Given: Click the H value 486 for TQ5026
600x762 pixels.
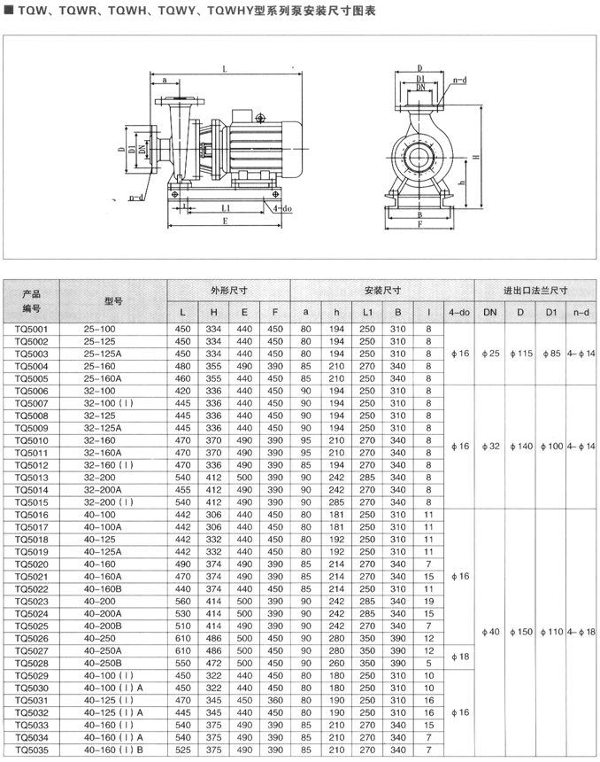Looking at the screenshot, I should click(213, 638).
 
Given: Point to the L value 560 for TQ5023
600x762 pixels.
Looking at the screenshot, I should click(183, 601).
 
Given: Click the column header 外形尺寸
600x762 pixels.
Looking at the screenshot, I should click(228, 290).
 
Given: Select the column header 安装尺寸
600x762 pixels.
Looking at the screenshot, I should click(382, 290).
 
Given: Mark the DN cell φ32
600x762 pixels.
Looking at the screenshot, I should click(494, 446).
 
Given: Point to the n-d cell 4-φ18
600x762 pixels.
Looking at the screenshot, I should click(581, 632).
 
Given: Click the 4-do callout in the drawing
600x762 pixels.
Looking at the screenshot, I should click(282, 207).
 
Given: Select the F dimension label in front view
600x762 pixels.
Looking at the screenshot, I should click(419, 224).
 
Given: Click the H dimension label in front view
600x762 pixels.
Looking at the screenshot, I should click(476, 156).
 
